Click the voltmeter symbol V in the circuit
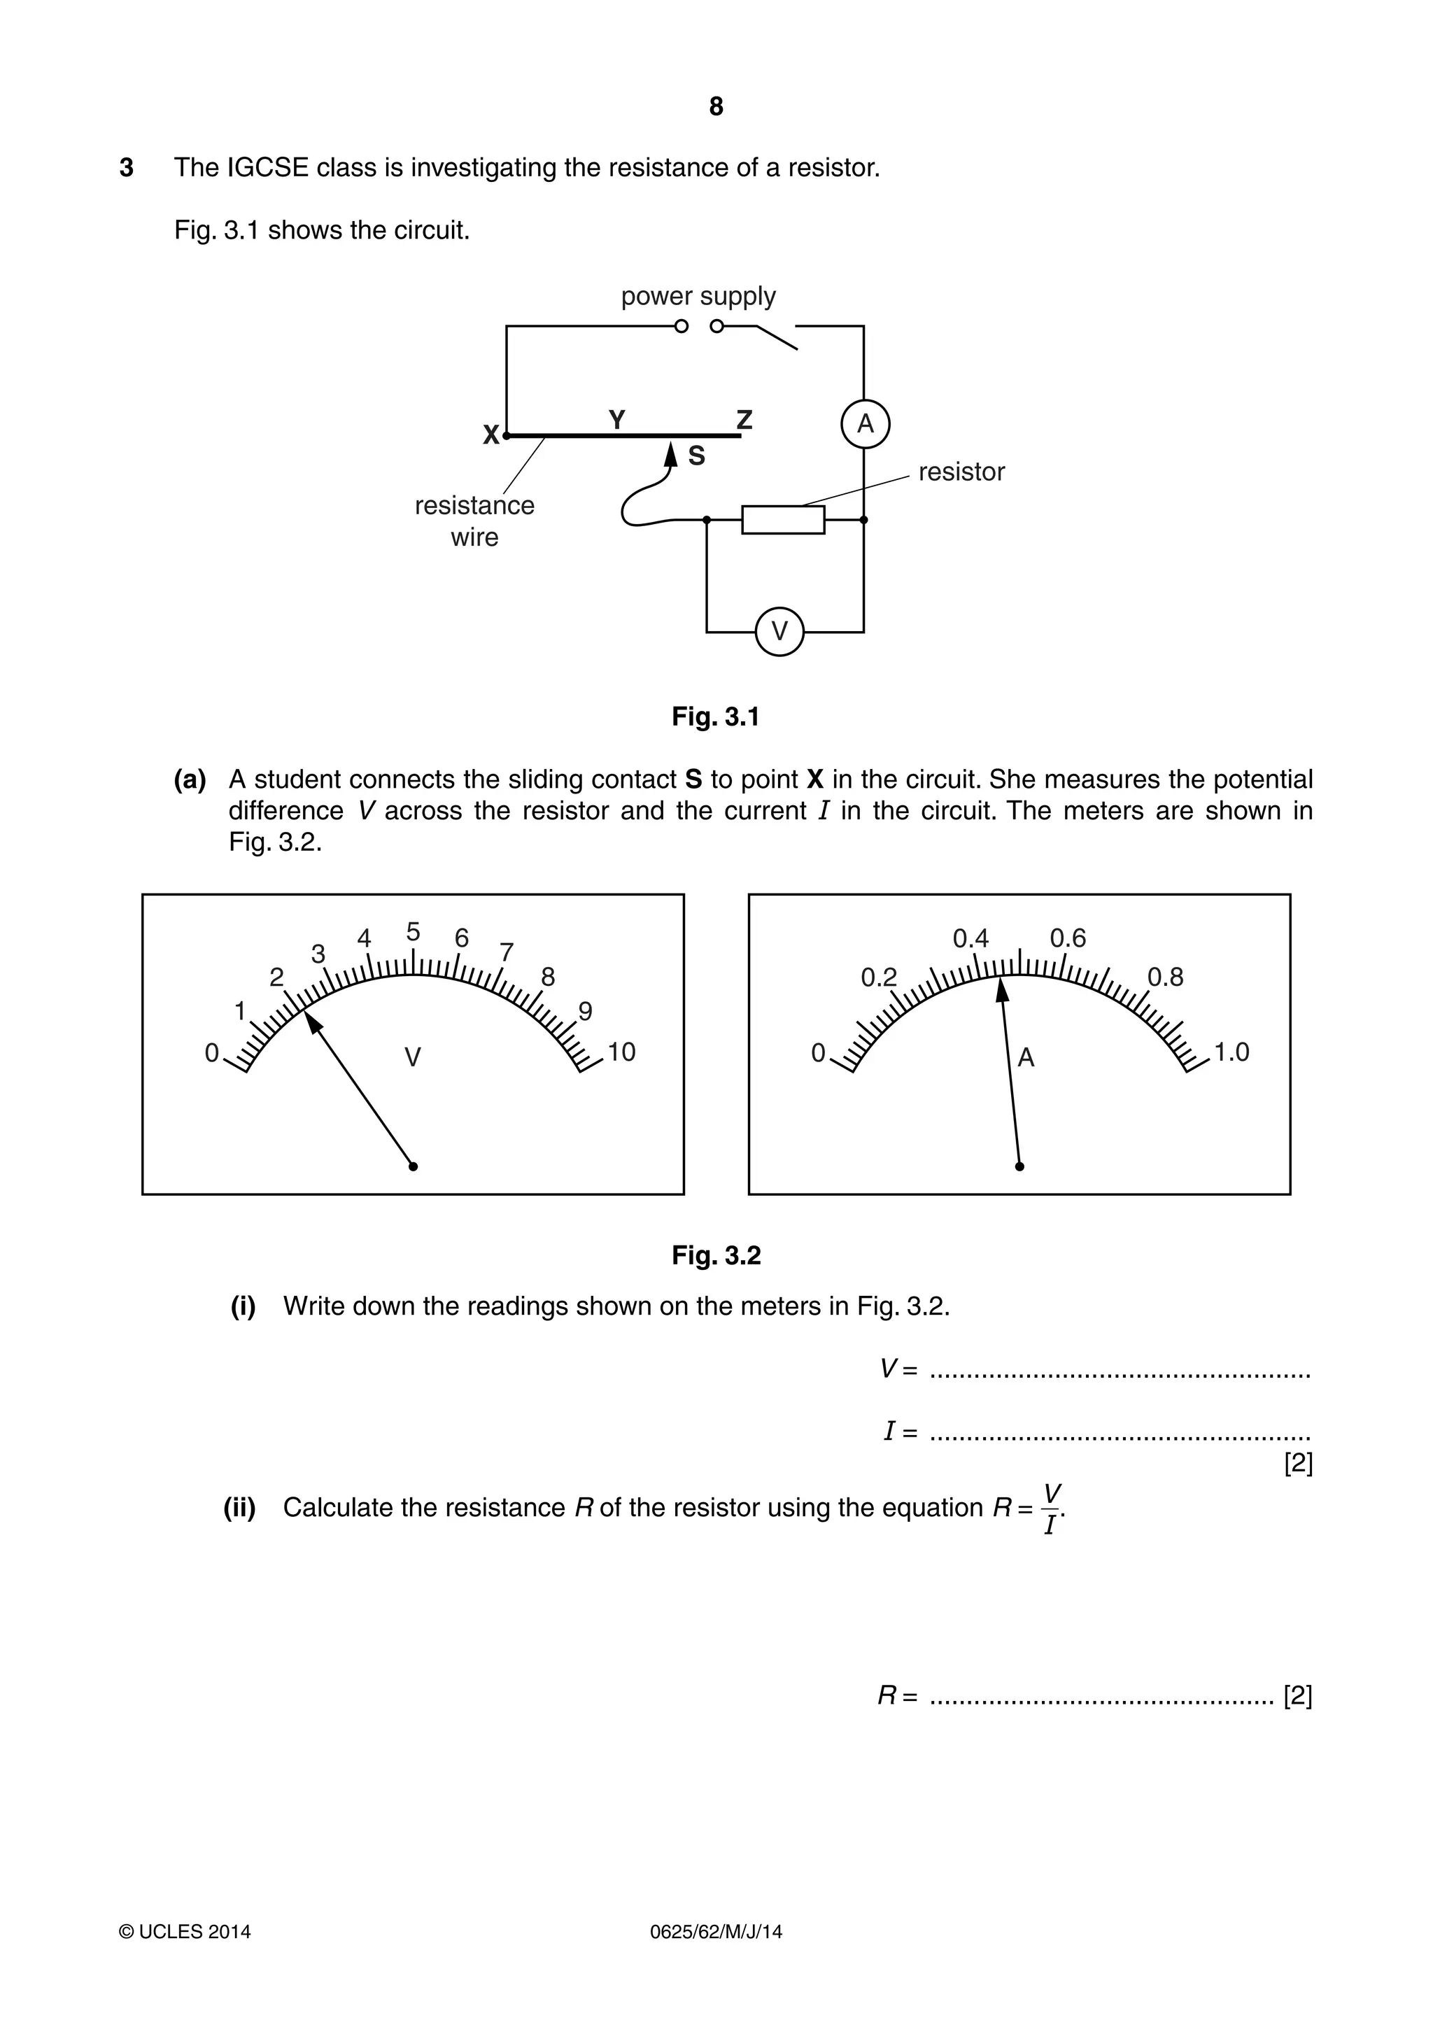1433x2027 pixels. click(779, 631)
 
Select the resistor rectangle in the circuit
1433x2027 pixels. click(782, 520)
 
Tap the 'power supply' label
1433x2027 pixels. click(698, 296)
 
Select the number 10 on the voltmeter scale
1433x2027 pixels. click(621, 1052)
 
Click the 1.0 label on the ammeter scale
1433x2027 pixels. click(1231, 1052)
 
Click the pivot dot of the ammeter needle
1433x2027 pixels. click(1019, 1166)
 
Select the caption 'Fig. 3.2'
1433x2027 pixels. click(716, 1255)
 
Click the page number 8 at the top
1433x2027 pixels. click(716, 107)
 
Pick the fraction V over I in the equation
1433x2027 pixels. click(1051, 1509)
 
